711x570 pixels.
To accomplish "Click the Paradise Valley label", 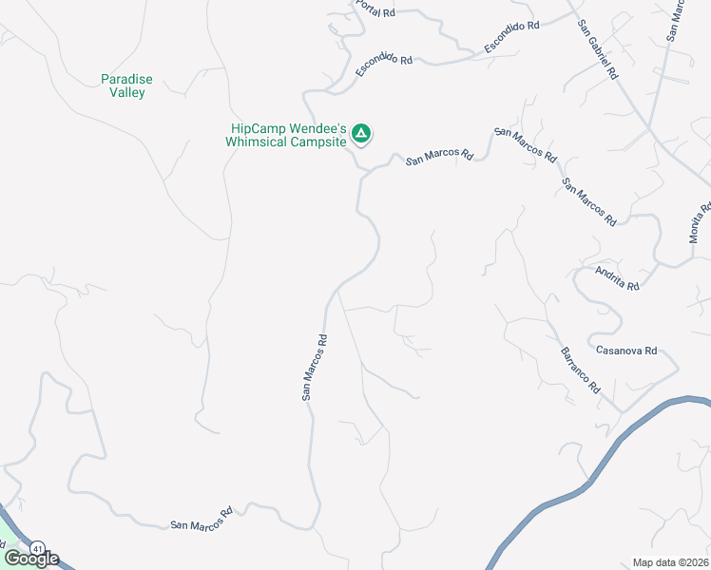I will [x=125, y=86].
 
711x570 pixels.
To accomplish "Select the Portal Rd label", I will [x=375, y=10].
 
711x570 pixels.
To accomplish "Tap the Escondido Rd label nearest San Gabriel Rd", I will [x=511, y=36].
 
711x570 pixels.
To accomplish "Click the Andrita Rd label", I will [x=616, y=278].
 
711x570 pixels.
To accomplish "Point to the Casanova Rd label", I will [x=626, y=351].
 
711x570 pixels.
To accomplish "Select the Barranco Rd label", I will [x=580, y=370].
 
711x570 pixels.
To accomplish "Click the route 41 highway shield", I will [x=37, y=548].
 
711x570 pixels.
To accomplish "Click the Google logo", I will [x=31, y=559].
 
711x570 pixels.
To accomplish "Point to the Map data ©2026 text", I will [x=670, y=562].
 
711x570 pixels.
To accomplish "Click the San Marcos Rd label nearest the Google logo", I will [x=202, y=518].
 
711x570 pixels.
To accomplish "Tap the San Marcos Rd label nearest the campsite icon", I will [x=440, y=156].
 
